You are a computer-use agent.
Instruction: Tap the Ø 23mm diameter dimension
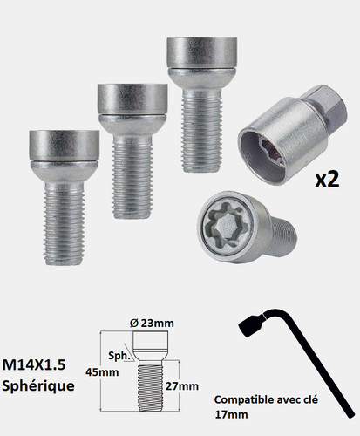152,323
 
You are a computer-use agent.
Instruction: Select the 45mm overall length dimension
102,372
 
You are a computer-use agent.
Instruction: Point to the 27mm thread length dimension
182,386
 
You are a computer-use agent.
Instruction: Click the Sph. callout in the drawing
119,356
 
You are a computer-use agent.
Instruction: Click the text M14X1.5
34,364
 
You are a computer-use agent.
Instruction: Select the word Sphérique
38,386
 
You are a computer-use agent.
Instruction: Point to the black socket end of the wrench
250,325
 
